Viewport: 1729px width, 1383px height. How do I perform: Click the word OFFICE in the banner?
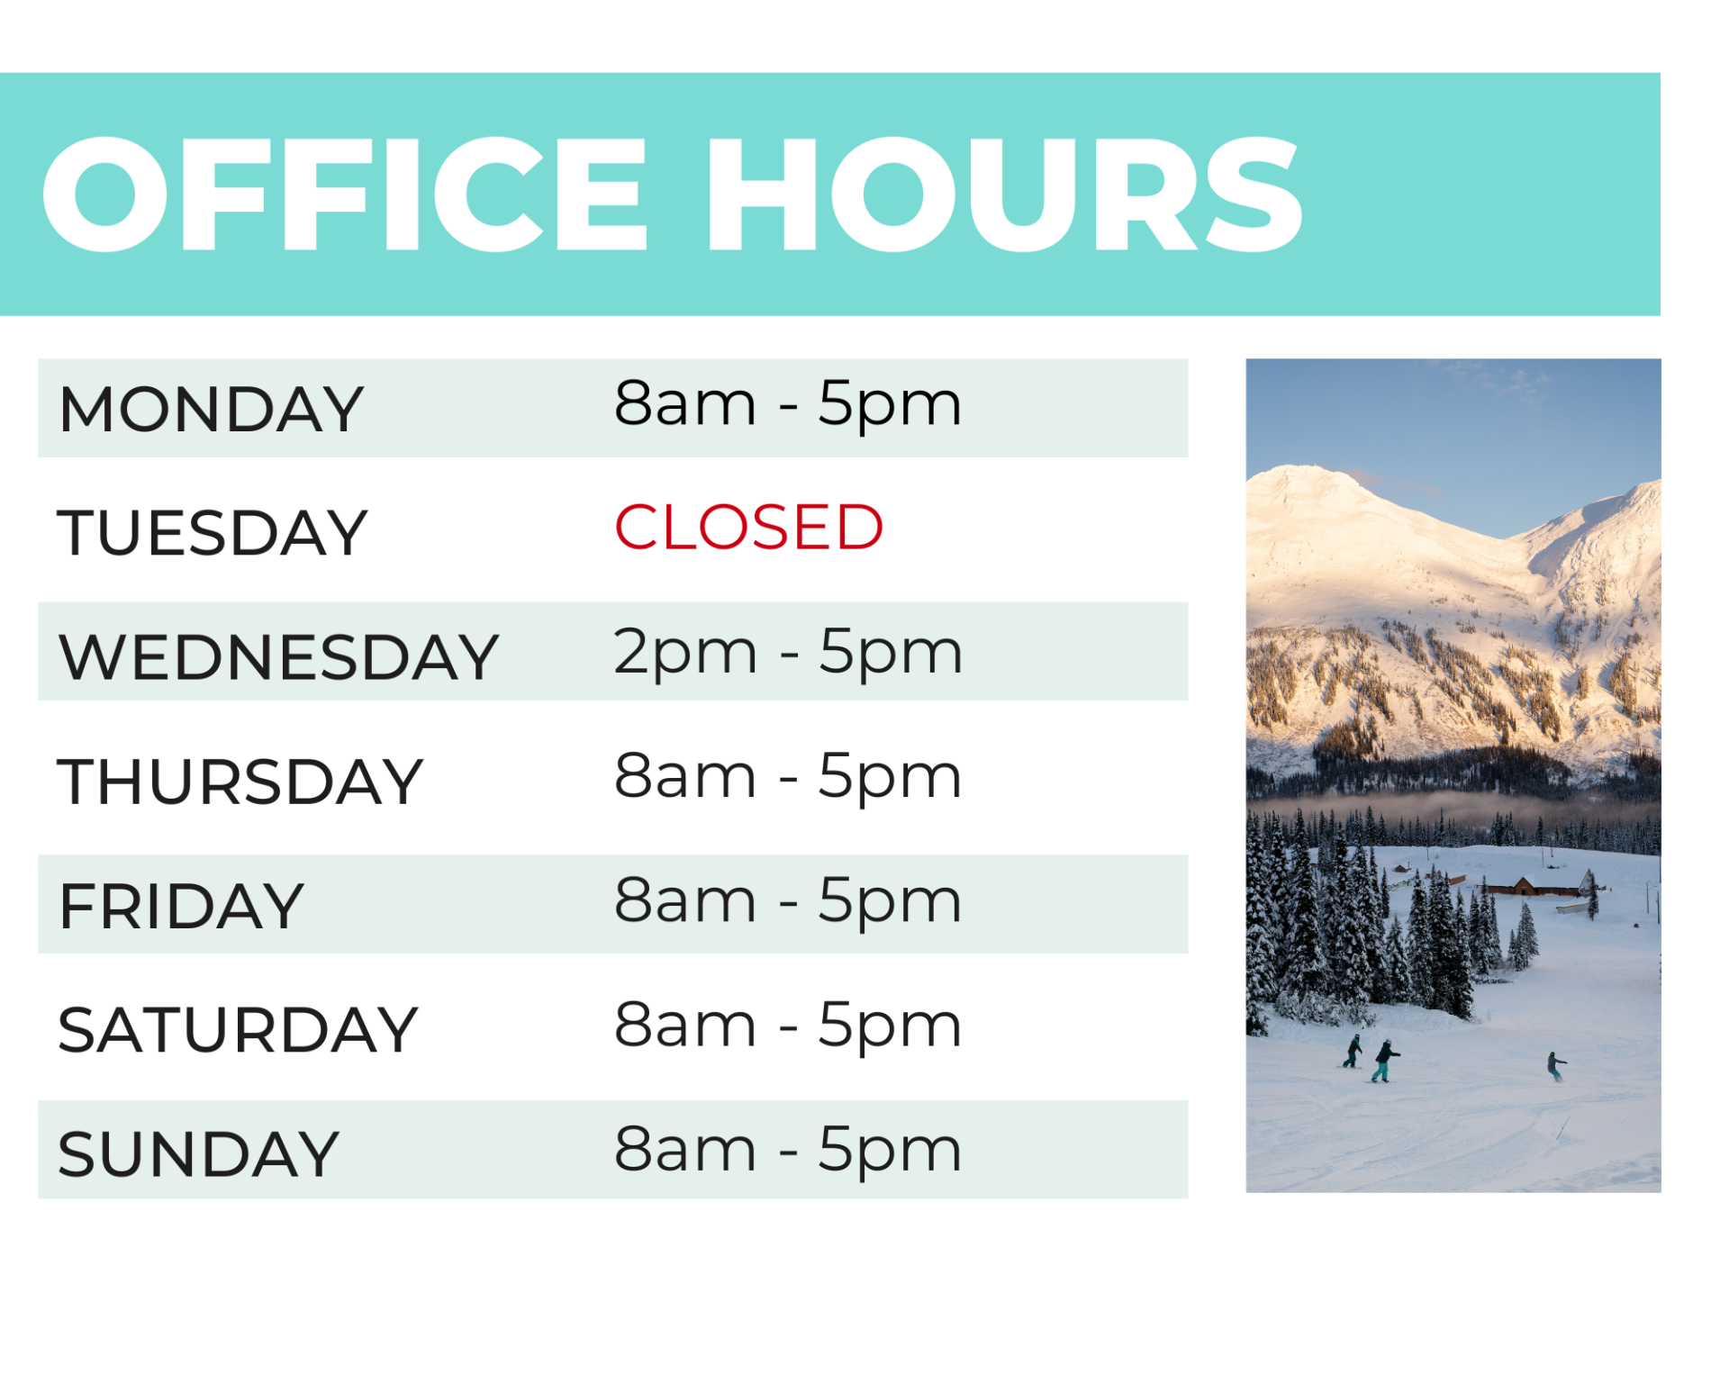[345, 194]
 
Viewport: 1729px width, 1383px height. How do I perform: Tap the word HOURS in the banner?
[1004, 194]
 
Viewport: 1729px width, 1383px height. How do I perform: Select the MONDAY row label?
[211, 410]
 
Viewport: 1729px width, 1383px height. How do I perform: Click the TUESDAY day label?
[213, 533]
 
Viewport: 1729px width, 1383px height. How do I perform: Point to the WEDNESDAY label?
[278, 657]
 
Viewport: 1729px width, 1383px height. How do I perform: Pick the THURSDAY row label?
[240, 782]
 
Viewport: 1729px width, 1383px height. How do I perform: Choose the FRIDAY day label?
[181, 906]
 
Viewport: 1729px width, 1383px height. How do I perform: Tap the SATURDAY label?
[238, 1030]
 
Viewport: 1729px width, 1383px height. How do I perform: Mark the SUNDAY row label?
[198, 1154]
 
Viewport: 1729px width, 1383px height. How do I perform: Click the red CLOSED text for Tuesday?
[748, 527]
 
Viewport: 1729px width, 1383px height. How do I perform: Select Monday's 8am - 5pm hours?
[788, 405]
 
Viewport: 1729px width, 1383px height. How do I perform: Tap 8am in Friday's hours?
[684, 901]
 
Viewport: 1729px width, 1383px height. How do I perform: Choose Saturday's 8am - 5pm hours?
[788, 1026]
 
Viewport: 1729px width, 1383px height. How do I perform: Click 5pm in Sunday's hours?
[890, 1152]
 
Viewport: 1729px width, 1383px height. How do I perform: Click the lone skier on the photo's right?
[1555, 1066]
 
